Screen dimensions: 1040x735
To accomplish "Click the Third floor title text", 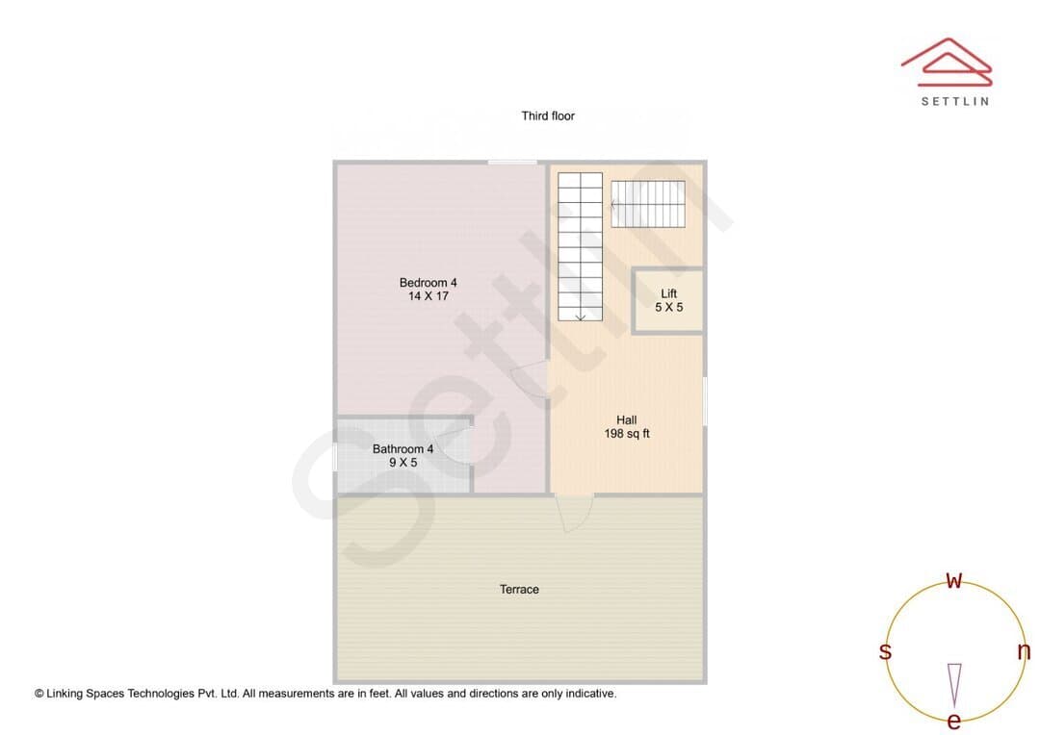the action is (548, 116).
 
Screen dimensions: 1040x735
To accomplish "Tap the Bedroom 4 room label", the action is (428, 282).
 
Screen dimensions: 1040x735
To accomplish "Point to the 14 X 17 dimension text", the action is (428, 296).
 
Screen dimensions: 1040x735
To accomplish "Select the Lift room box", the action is (668, 300).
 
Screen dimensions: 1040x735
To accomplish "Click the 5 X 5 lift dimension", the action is (668, 308).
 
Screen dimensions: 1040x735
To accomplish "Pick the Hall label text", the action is (626, 419).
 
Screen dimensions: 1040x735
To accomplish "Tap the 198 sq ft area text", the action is (627, 434).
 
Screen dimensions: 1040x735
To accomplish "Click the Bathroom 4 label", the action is (403, 448).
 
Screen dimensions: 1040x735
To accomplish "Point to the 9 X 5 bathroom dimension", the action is (403, 463).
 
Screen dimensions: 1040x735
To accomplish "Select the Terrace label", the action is (519, 589).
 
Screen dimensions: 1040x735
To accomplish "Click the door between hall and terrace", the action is (574, 513).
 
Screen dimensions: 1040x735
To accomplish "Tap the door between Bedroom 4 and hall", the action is (531, 379).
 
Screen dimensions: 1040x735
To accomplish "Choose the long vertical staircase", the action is (580, 246).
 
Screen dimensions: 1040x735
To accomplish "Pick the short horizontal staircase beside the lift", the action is (647, 204).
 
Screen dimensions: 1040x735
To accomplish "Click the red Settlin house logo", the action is (947, 63).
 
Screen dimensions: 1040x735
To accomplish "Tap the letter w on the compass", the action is (953, 580).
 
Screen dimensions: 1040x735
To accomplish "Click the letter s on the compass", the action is (885, 651).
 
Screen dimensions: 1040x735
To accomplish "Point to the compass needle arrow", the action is (954, 685).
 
